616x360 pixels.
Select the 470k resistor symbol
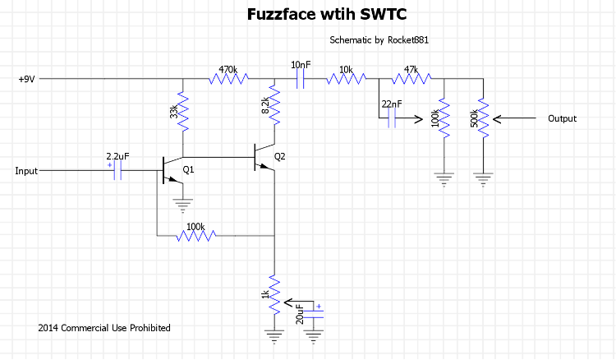(228, 79)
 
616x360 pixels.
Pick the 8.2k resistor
(274, 106)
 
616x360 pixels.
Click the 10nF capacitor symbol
(300, 79)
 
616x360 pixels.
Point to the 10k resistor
(345, 79)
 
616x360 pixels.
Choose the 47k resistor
(411, 79)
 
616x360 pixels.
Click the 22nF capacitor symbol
(392, 118)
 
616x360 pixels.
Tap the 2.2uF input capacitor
(116, 171)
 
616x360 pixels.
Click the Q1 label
(188, 169)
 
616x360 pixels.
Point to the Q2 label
(280, 156)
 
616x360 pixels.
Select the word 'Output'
(562, 118)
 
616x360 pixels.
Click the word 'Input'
(26, 171)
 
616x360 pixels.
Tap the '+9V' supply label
(27, 80)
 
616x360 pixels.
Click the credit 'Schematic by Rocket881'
(379, 40)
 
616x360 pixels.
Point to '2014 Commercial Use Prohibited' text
(104, 328)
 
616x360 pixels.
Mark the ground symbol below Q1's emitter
(182, 202)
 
